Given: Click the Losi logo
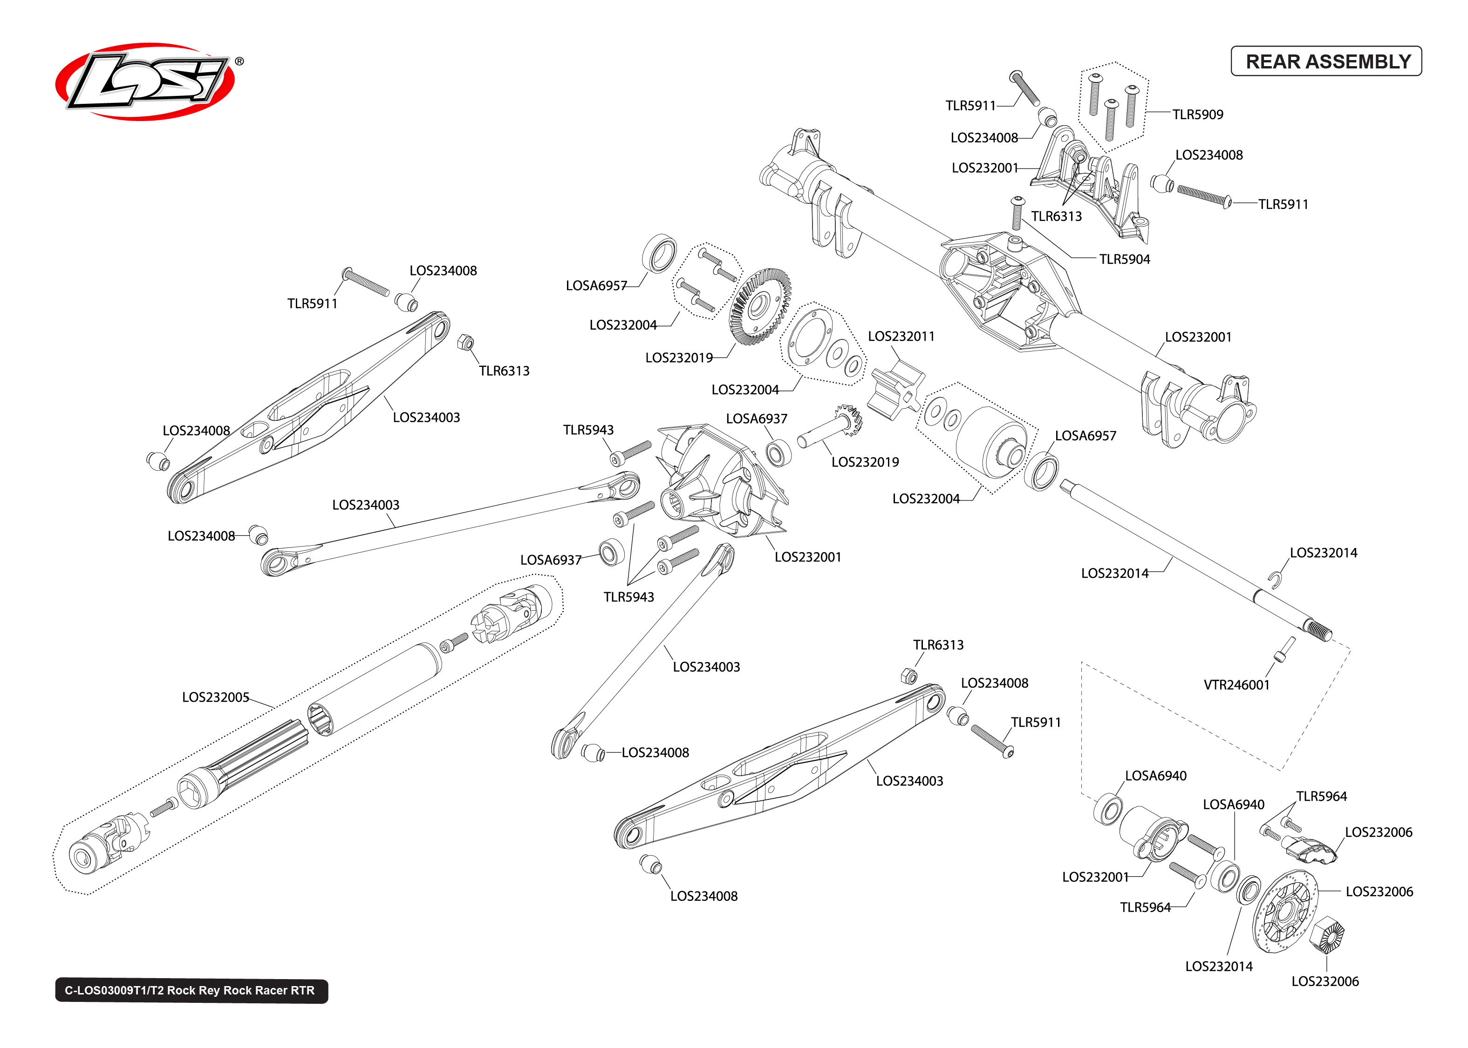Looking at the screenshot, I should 145,82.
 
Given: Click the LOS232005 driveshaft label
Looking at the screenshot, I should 215,697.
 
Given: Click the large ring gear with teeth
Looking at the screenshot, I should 760,306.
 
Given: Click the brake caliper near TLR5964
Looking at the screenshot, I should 1311,848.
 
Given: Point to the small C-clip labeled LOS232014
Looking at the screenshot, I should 1274,580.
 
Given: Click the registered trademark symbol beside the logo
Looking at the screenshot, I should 239,61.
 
